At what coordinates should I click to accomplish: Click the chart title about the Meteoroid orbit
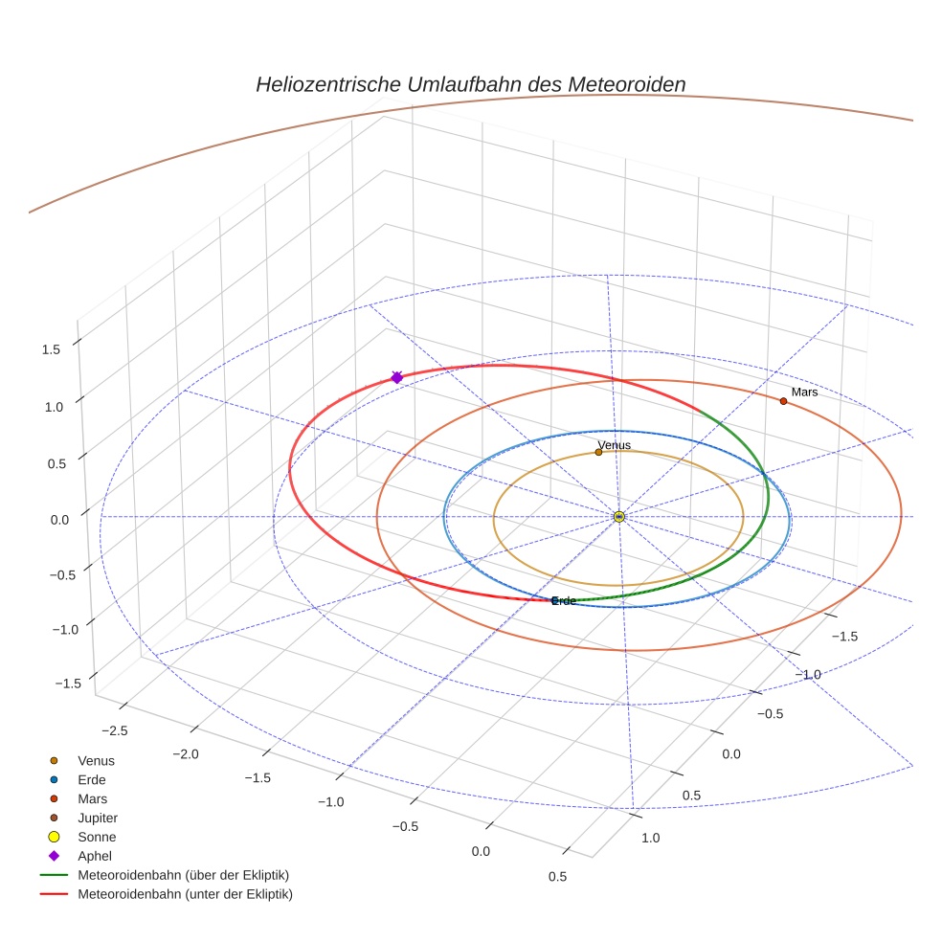[x=470, y=84]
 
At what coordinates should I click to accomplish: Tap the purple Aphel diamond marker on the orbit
[x=396, y=378]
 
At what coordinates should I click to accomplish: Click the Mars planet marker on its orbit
[x=783, y=401]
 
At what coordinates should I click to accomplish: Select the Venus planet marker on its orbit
[x=598, y=452]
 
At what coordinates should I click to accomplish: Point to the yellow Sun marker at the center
[x=619, y=517]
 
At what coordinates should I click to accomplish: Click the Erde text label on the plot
[x=564, y=601]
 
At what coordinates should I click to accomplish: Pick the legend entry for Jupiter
[x=98, y=818]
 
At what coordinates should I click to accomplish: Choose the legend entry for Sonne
[x=97, y=837]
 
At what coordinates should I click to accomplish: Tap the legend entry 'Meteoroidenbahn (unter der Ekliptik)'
[x=185, y=894]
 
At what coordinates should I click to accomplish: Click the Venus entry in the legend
[x=96, y=760]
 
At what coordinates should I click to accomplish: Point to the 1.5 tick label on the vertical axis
[x=51, y=349]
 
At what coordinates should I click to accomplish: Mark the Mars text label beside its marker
[x=804, y=392]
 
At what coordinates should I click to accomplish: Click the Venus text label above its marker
[x=614, y=445]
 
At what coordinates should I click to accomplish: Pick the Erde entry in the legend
[x=92, y=779]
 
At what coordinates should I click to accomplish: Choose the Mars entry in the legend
[x=92, y=798]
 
